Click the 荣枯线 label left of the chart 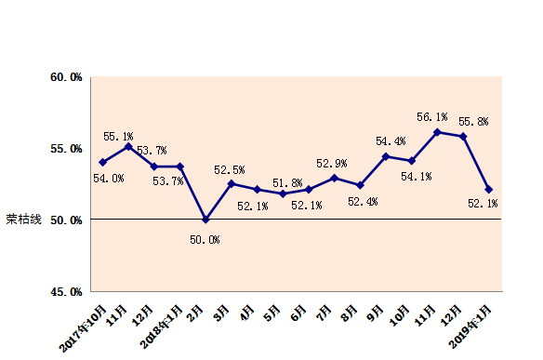click(x=23, y=220)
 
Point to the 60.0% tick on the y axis click(x=66, y=77)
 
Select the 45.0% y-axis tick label click(x=66, y=291)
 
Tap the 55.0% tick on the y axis click(x=66, y=149)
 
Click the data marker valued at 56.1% click(x=437, y=132)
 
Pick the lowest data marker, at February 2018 click(x=205, y=220)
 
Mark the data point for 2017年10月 click(x=102, y=162)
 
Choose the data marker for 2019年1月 click(x=489, y=189)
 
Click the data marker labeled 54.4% click(x=386, y=156)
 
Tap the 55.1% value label click(x=118, y=136)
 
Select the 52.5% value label click(x=230, y=170)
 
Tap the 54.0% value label click(x=109, y=179)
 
